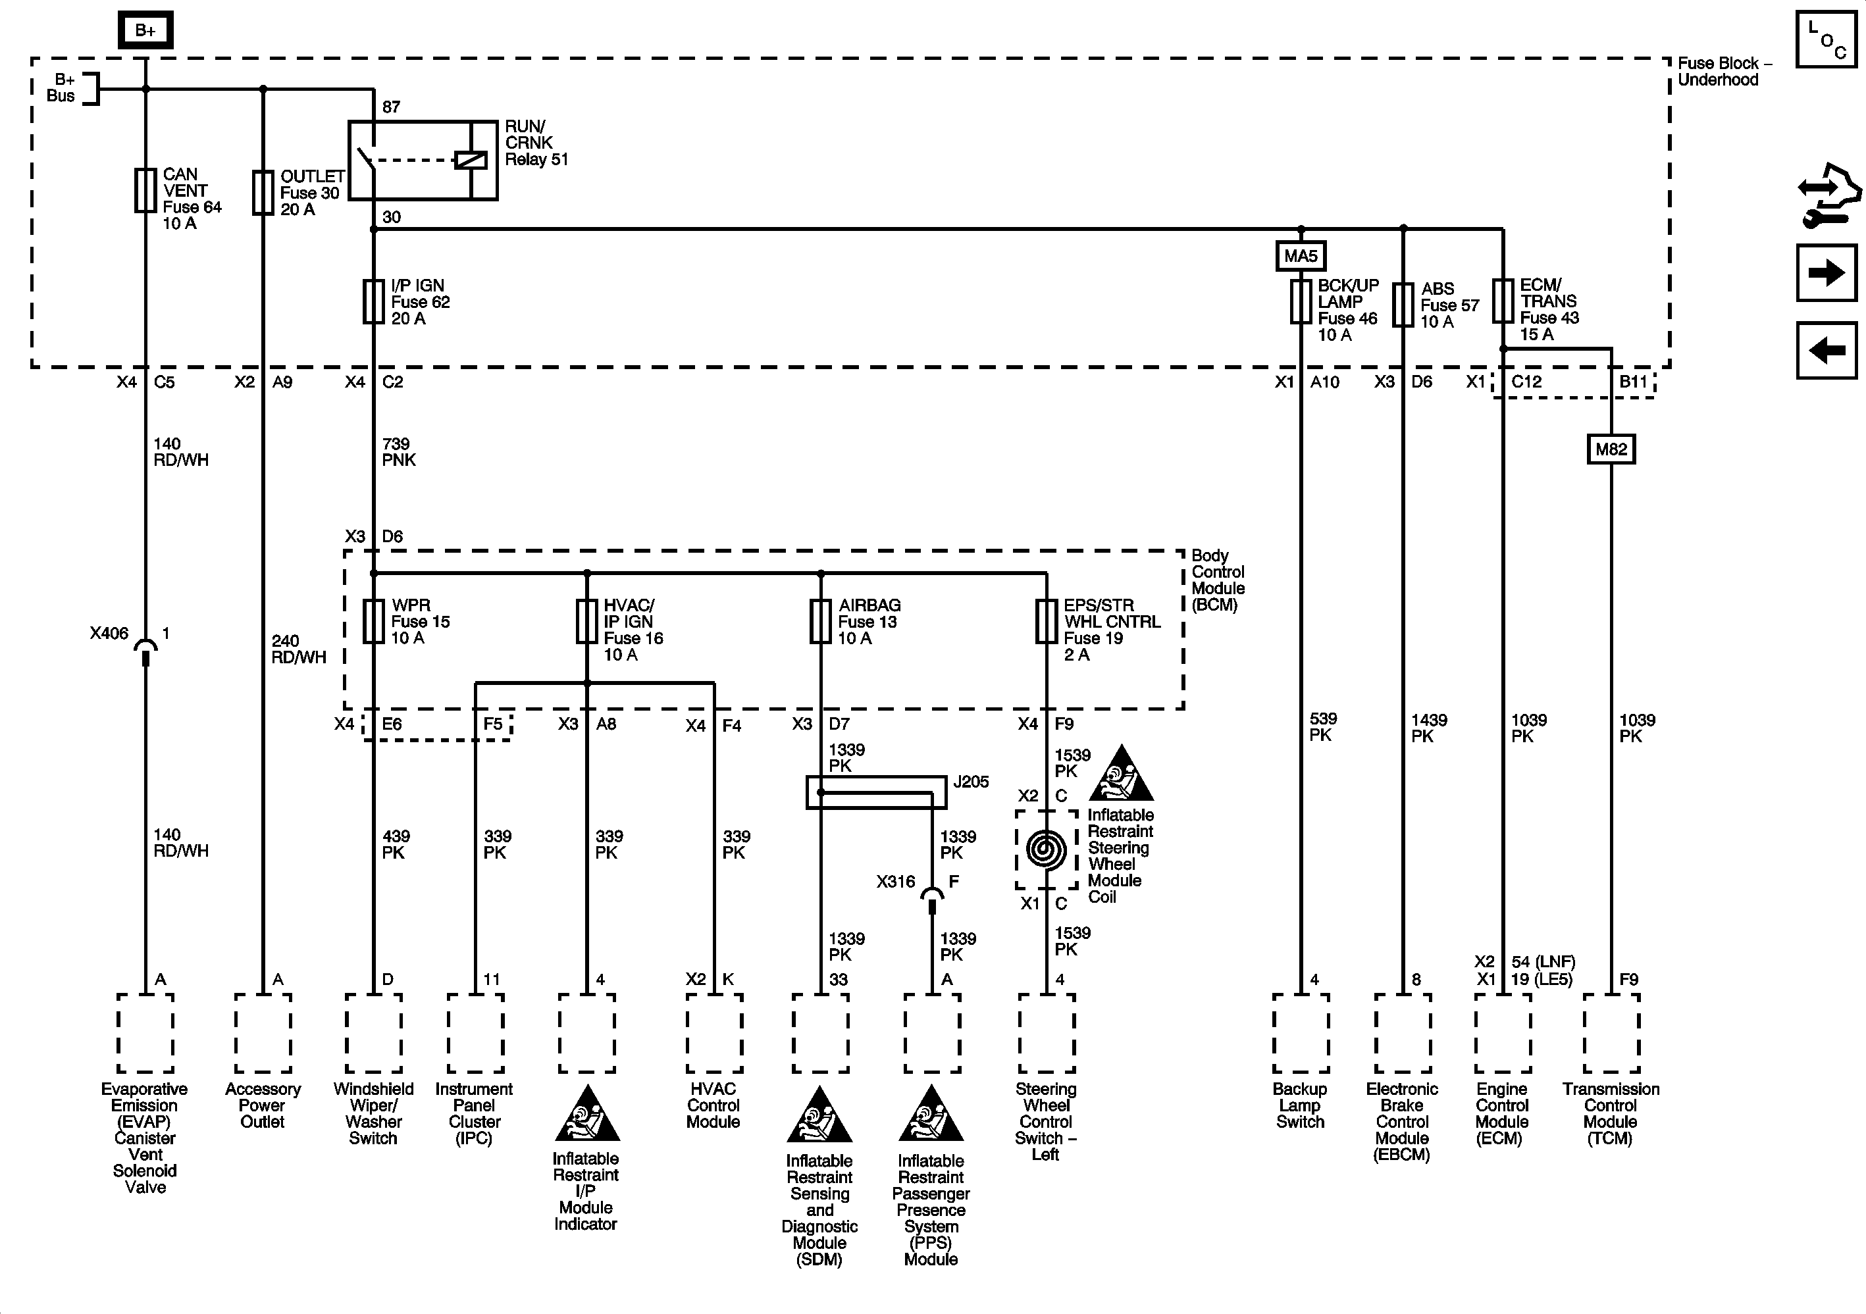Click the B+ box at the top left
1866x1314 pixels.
point(145,31)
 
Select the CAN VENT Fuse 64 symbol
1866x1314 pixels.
point(145,190)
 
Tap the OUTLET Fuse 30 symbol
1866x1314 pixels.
point(263,193)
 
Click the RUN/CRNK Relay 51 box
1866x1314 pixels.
point(423,160)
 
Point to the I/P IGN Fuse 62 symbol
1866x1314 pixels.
point(373,301)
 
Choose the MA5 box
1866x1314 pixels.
point(1301,256)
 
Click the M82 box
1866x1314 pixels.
point(1611,449)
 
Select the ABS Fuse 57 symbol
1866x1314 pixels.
point(1403,305)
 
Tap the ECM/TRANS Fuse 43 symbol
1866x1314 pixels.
point(1503,301)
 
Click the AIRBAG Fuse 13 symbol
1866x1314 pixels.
point(821,622)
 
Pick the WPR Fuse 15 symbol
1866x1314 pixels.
point(373,622)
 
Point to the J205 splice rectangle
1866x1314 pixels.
point(876,792)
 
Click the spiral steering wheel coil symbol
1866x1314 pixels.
point(1046,849)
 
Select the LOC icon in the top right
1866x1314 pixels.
point(1825,39)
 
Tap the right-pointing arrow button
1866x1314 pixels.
point(1826,272)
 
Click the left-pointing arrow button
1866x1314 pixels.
point(1826,350)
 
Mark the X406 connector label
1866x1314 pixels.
point(109,634)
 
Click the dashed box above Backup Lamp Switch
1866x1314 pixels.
point(1301,1033)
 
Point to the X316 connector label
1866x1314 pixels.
point(896,882)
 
